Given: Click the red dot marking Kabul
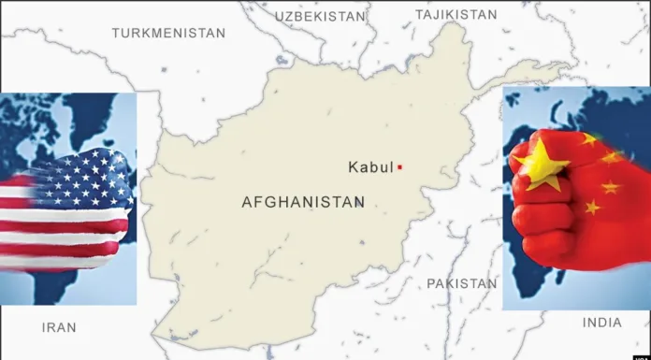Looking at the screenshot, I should click(x=399, y=167).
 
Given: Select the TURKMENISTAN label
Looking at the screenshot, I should click(x=168, y=33).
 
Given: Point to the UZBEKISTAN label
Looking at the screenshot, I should click(x=319, y=17).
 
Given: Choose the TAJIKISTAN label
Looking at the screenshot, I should click(x=456, y=15).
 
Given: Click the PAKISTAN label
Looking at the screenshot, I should click(x=462, y=282).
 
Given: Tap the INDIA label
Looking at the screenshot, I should click(x=601, y=323).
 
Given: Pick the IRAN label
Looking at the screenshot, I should click(x=59, y=327).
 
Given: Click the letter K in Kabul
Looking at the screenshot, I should click(x=353, y=167).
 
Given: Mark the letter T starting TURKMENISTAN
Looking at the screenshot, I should click(x=115, y=33).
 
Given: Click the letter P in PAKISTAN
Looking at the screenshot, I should click(x=431, y=282).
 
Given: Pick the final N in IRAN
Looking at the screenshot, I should click(x=72, y=327).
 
